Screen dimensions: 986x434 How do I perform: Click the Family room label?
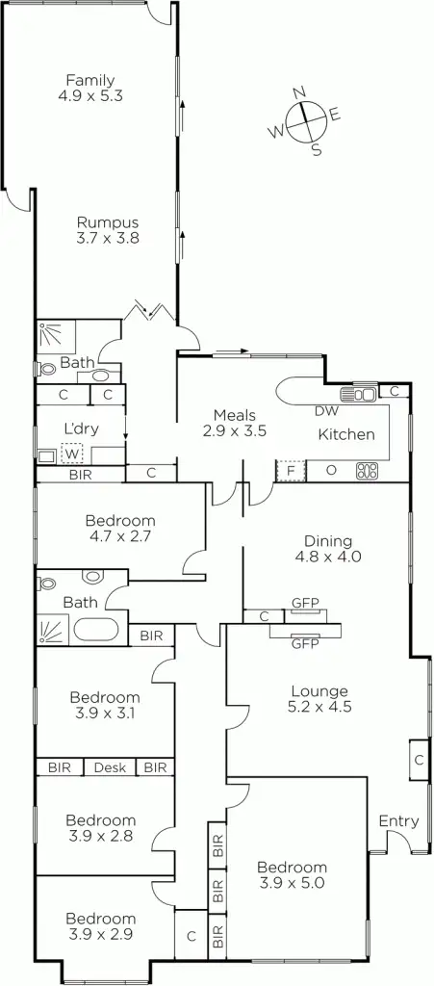coord(90,88)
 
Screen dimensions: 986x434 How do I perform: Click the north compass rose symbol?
coord(304,120)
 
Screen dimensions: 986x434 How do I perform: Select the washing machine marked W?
coord(72,452)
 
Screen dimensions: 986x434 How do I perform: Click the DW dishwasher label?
coord(327,411)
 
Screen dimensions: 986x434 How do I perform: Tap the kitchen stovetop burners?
coord(367,471)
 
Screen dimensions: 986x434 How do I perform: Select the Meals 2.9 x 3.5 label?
coord(234,424)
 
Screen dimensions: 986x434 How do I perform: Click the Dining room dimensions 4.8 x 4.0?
coord(328,556)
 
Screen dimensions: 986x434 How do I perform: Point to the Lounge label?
coord(319,690)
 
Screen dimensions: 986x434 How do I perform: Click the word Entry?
coord(398,821)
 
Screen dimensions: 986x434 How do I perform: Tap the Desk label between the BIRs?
coord(109,767)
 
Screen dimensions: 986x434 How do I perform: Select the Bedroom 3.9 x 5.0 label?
coord(292,874)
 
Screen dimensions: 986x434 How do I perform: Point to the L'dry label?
coord(81,428)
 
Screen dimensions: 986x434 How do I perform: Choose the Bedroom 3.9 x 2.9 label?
coord(100,926)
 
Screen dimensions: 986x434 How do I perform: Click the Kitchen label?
coord(346,434)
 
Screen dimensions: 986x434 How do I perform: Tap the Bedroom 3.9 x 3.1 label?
coord(104,705)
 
